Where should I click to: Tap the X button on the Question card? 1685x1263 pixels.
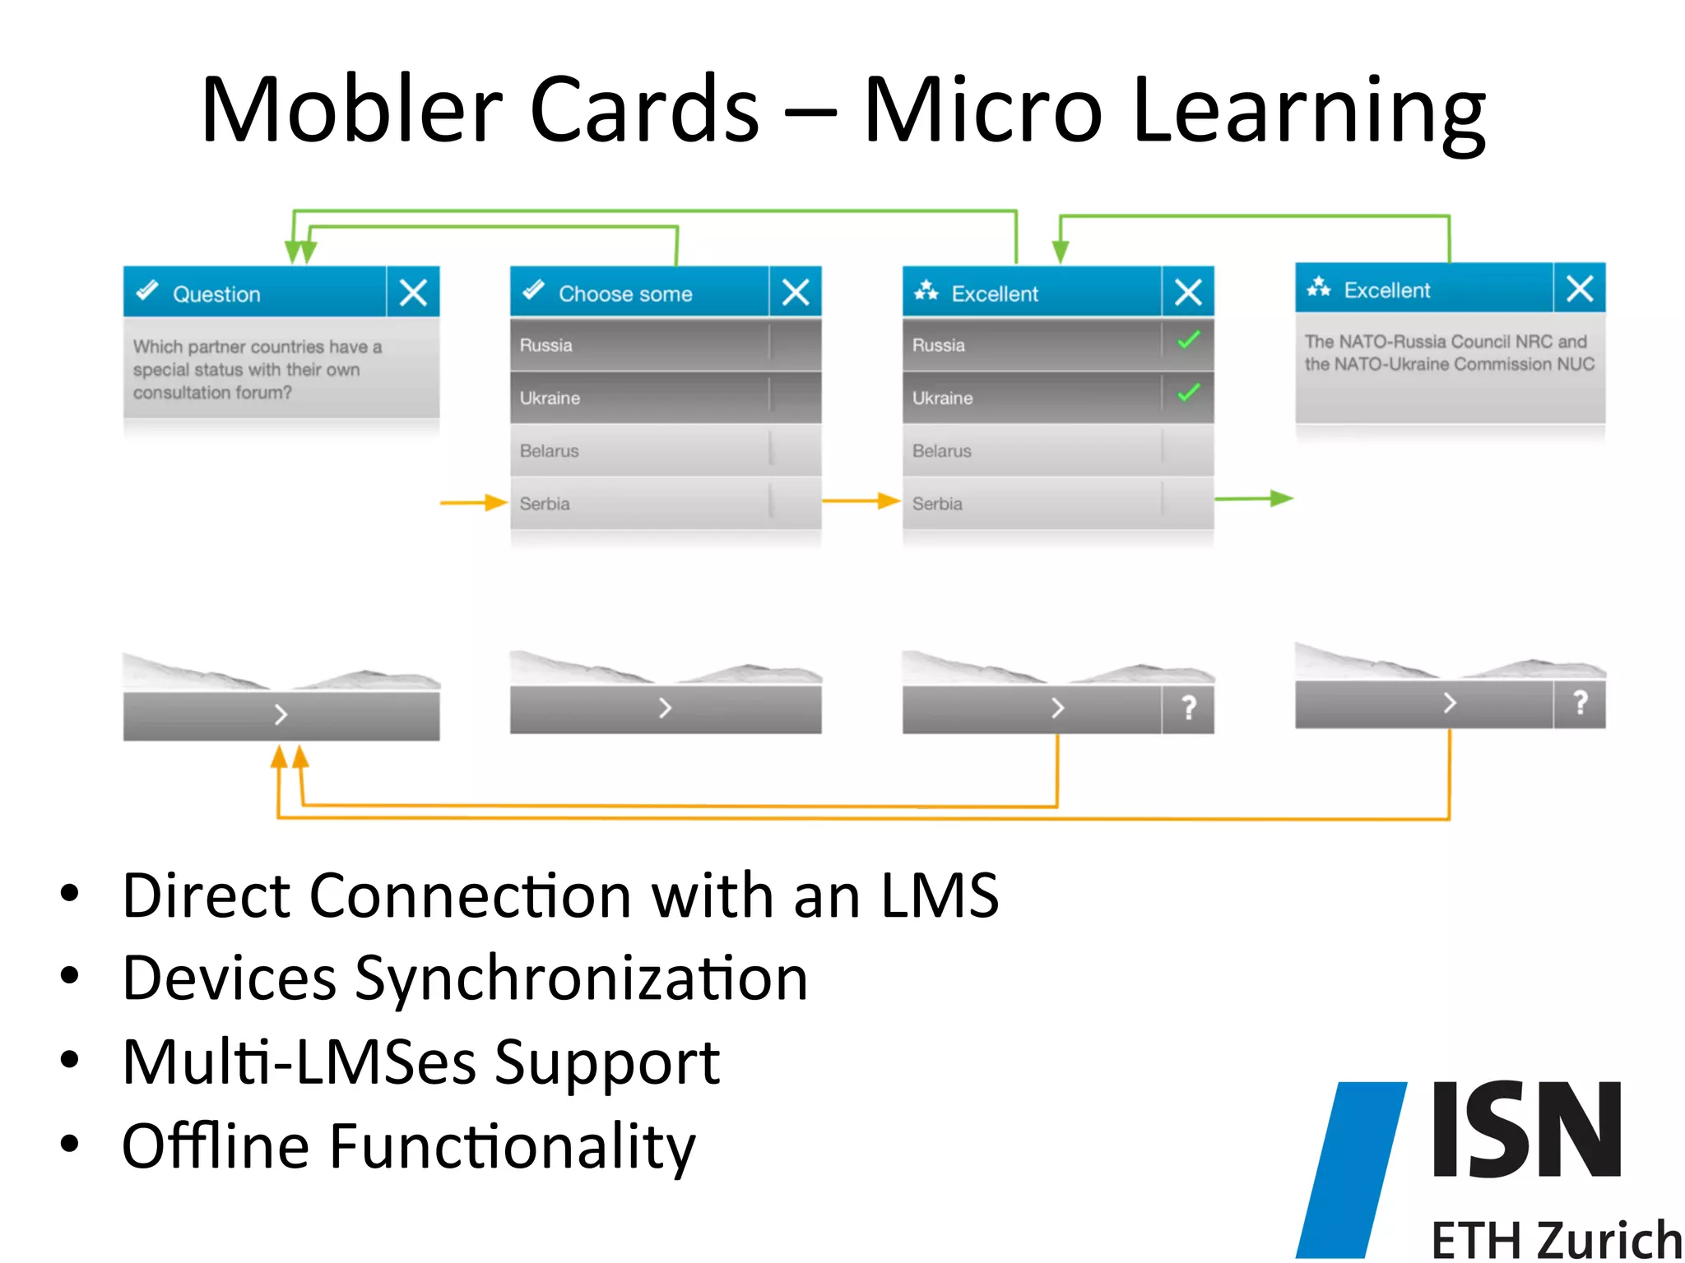413,292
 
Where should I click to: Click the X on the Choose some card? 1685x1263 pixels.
796,292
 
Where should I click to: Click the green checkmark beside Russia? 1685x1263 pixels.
1188,340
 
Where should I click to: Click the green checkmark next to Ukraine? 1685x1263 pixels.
1188,393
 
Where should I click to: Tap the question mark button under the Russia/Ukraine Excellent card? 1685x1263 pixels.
1188,707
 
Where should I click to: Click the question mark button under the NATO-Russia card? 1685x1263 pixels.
1580,703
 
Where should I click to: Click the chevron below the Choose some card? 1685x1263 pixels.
665,707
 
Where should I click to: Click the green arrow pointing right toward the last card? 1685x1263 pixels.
1254,498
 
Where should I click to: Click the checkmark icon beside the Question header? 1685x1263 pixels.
147,291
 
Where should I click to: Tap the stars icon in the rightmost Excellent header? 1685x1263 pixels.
1319,287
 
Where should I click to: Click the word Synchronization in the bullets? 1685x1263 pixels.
581,978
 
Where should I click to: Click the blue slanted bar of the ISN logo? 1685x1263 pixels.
1351,1168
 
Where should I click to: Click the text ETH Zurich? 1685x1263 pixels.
1555,1239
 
